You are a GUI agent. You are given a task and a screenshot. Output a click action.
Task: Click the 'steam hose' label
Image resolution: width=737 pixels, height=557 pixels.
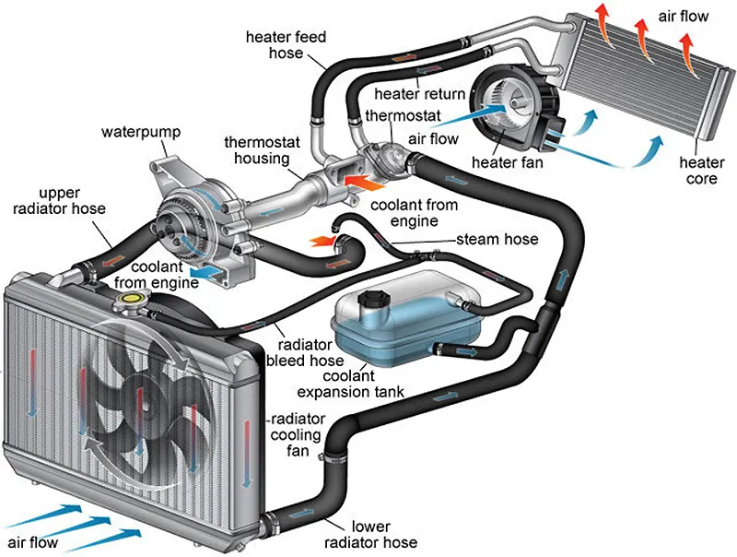(497, 241)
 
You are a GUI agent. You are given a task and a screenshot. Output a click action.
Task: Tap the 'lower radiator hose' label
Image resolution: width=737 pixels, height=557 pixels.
(372, 533)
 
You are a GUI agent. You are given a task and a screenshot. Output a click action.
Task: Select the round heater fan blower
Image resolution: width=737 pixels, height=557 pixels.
(503, 104)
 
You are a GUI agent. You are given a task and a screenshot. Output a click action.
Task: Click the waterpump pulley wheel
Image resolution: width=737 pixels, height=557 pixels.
(178, 227)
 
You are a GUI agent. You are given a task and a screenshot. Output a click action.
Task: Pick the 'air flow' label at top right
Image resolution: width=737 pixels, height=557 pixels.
(684, 17)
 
